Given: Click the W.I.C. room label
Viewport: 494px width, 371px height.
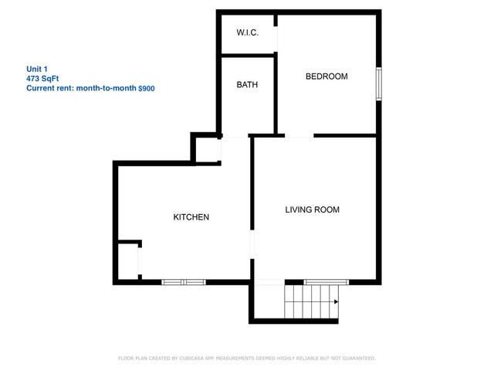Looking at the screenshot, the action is [x=247, y=32].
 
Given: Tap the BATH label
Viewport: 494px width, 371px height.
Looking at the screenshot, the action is [x=247, y=84].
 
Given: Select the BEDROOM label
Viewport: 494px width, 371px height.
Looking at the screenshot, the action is [x=327, y=77].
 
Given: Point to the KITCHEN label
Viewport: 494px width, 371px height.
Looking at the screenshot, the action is [x=191, y=217].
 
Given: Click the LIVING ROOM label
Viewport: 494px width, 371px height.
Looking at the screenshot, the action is [x=312, y=209].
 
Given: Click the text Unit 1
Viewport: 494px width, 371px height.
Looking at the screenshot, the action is [x=37, y=69].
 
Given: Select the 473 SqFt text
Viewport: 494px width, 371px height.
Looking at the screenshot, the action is [x=42, y=79].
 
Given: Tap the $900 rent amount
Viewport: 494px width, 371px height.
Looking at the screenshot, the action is [x=147, y=88].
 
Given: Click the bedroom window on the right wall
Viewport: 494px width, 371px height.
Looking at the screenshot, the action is [x=379, y=84].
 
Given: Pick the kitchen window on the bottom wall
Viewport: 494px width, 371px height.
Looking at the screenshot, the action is [x=184, y=282].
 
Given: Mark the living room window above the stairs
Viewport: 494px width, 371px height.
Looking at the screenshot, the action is [x=327, y=282].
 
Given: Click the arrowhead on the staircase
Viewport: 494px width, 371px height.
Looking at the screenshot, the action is [x=337, y=301].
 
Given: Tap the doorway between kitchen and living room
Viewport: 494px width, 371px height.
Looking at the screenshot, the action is [x=252, y=245].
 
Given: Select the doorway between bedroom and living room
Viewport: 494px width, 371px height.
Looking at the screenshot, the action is [x=299, y=136].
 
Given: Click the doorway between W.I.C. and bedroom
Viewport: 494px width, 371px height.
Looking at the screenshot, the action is [x=276, y=39].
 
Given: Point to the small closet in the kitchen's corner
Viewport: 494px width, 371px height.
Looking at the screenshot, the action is [x=127, y=261].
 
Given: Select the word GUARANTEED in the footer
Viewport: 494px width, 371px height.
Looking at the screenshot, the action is [x=359, y=359].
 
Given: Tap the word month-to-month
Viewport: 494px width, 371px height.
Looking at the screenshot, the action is [x=107, y=88].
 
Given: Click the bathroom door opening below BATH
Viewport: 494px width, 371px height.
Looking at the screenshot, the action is [x=235, y=136].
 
